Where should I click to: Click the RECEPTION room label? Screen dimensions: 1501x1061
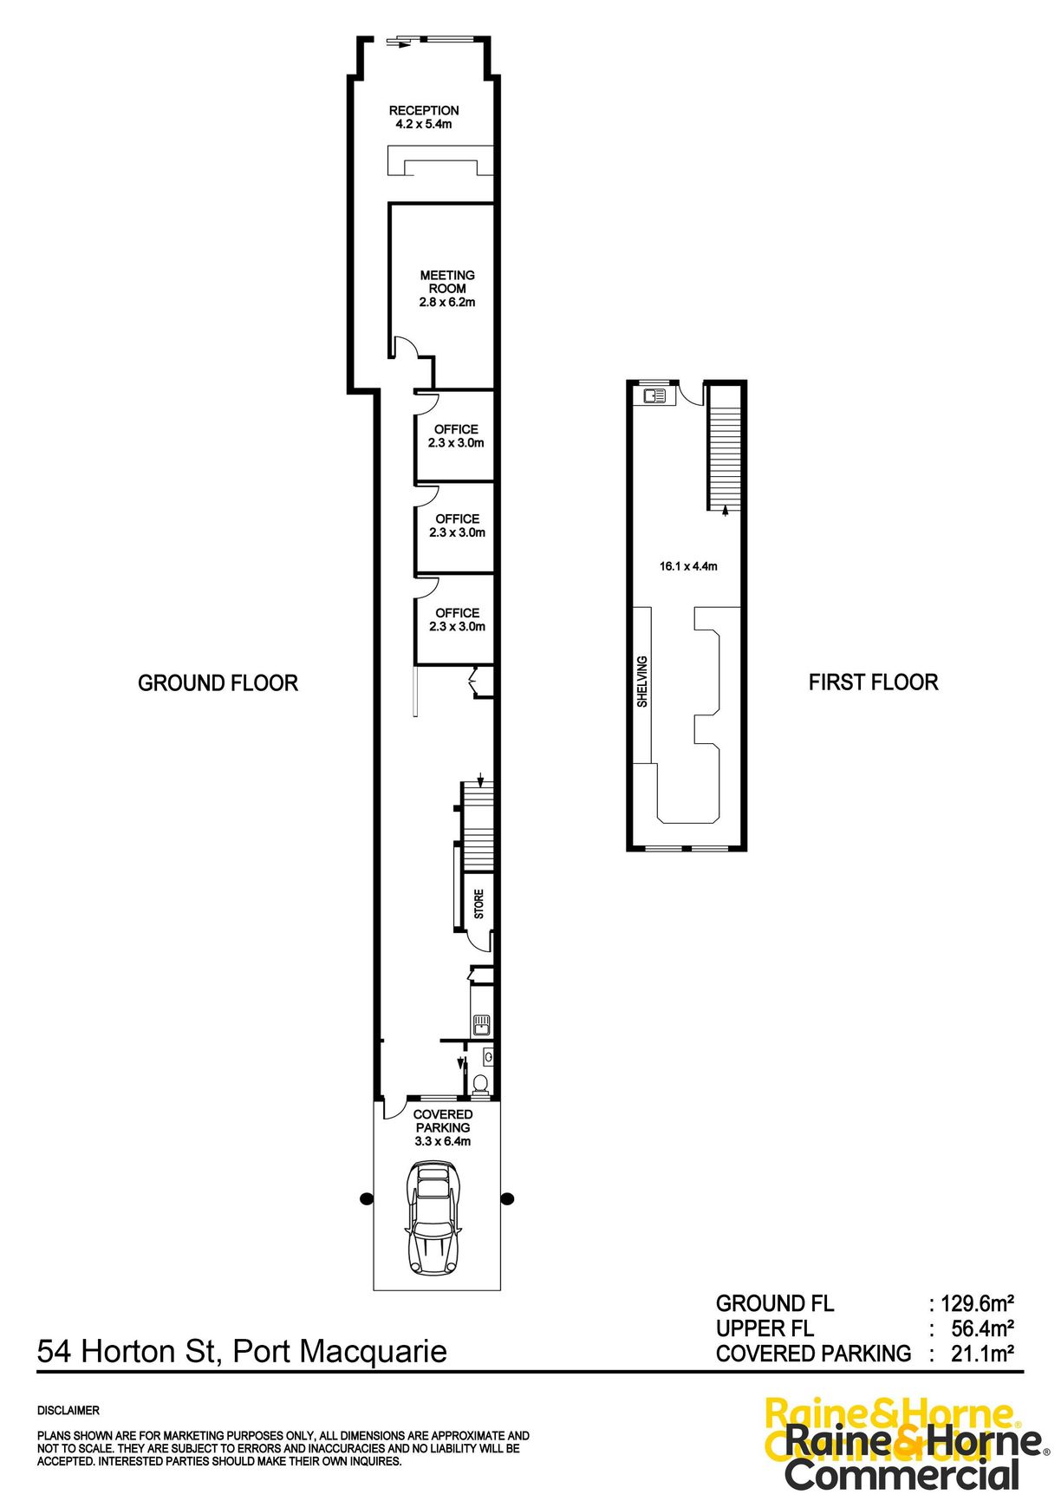[424, 111]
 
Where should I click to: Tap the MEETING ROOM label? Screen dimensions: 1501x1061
[447, 282]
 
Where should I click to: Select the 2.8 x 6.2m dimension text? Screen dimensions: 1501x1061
[447, 303]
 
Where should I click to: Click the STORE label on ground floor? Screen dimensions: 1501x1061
[479, 904]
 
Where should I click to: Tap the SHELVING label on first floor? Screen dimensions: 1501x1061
[642, 682]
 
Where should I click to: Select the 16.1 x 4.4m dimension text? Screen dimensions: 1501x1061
[688, 566]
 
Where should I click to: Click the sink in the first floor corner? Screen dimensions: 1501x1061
[654, 396]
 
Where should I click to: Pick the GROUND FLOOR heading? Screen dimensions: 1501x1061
[218, 683]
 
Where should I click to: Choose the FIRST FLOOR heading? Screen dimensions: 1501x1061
[873, 682]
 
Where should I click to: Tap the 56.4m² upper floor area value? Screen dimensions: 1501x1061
[982, 1328]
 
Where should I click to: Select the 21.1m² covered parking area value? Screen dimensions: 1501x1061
[982, 1354]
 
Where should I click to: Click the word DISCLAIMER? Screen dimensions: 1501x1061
[68, 1411]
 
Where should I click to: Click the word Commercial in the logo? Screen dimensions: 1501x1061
[902, 1474]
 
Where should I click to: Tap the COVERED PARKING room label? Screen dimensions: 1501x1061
[443, 1121]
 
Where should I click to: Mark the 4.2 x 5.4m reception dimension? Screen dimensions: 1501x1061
[424, 124]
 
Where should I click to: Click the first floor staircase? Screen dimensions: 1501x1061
[725, 451]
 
